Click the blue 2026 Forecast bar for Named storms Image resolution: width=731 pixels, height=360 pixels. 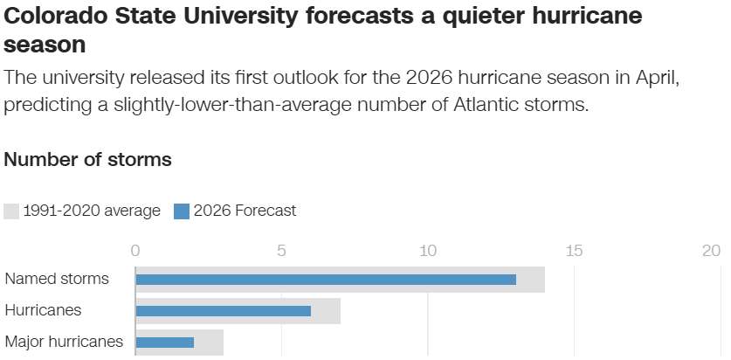tap(325, 280)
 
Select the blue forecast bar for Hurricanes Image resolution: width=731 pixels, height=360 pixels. tap(223, 310)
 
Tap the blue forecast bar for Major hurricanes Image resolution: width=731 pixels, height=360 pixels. tap(164, 342)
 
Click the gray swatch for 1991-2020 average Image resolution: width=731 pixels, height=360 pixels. tap(11, 211)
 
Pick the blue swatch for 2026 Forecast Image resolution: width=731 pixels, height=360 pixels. tap(182, 211)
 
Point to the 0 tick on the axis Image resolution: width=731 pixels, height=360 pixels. tap(135, 251)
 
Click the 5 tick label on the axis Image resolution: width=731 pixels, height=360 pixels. tap(281, 251)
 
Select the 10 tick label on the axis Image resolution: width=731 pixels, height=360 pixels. tap(427, 251)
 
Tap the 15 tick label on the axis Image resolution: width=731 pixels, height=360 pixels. tap(574, 251)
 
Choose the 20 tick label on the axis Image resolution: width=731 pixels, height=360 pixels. tap(711, 251)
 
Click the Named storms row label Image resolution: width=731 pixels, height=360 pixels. tap(57, 280)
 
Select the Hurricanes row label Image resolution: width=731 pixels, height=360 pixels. tap(43, 310)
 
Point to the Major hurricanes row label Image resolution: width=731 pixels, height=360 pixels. tap(64, 342)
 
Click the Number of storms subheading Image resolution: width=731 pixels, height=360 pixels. tap(87, 160)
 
